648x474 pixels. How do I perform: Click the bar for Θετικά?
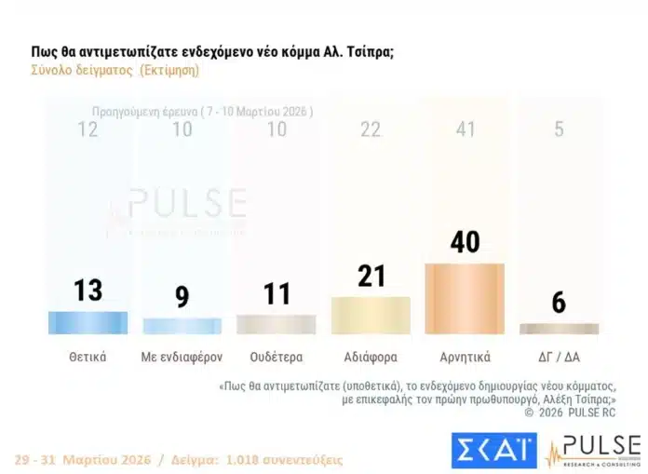point(88,322)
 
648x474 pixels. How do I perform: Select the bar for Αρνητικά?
point(464,298)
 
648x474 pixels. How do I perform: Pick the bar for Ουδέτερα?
point(276,324)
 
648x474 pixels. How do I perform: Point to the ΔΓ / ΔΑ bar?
point(559,329)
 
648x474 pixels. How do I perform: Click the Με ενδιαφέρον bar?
point(182,325)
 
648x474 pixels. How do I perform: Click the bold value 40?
point(464,241)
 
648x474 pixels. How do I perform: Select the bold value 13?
point(88,290)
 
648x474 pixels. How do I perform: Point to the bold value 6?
point(559,303)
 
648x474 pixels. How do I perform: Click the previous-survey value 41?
point(464,129)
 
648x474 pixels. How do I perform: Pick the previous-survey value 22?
point(370,129)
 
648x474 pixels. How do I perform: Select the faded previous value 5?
point(559,129)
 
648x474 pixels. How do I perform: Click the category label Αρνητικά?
point(464,357)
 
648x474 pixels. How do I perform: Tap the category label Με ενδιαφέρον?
point(182,357)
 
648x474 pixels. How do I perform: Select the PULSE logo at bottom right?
point(593,451)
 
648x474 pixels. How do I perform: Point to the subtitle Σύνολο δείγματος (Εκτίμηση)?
point(115,70)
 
